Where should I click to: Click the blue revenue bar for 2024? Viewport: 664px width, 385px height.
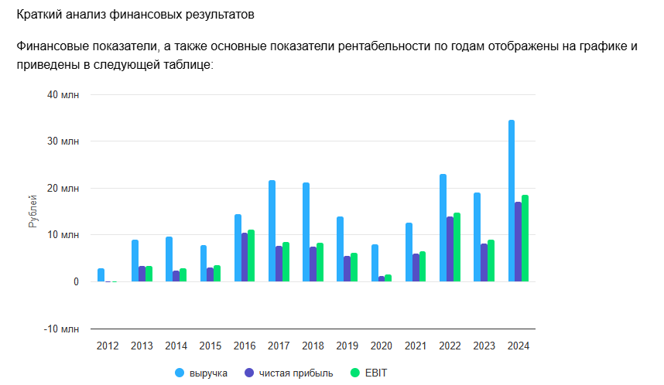[512, 201]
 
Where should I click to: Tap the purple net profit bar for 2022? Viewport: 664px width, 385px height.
[450, 249]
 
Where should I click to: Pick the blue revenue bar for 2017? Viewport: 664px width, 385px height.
[272, 231]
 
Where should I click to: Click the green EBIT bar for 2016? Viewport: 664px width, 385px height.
[251, 256]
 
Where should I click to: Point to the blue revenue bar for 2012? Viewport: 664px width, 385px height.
[101, 275]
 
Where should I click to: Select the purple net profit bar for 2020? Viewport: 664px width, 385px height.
[382, 279]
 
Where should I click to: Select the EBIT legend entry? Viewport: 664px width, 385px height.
[375, 373]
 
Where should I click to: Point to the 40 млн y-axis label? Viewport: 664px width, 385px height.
[63, 94]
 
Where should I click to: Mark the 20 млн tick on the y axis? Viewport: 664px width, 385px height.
[63, 188]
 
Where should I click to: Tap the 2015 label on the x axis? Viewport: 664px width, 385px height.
[210, 346]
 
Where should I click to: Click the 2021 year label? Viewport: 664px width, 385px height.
[416, 346]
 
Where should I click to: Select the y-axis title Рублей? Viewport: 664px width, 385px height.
[33, 212]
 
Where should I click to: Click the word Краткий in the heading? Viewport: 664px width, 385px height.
[39, 15]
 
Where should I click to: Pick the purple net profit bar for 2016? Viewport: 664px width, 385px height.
[245, 257]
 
